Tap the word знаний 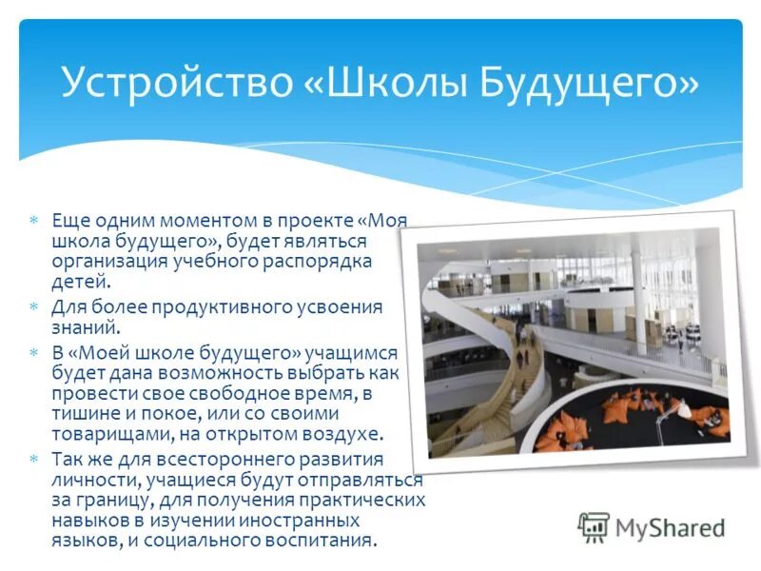[x=86, y=327]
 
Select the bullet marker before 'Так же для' [x=34, y=459]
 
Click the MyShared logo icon [x=594, y=527]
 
